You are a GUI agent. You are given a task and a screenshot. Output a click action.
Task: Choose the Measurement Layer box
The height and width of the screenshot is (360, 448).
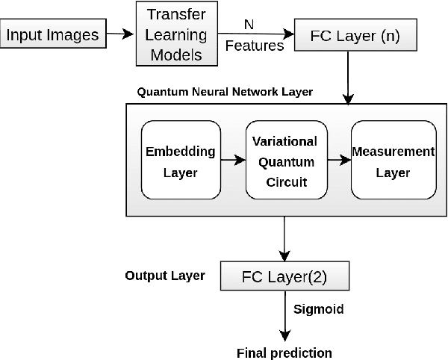click(393, 161)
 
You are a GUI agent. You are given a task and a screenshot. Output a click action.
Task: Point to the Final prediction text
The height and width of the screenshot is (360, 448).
click(284, 353)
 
